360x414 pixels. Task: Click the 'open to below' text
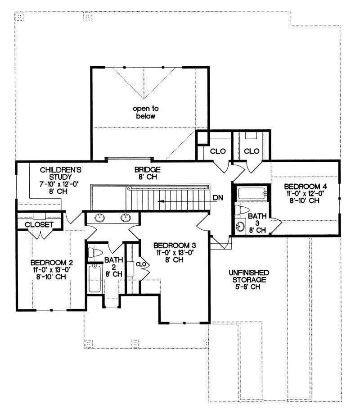[x=144, y=112]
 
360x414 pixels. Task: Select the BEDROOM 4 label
[x=302, y=186]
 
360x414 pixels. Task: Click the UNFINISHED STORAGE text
[x=248, y=276]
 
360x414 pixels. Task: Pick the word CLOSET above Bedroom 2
[x=39, y=224]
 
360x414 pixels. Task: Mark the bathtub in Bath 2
[x=94, y=279]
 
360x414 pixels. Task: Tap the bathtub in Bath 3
[x=252, y=194]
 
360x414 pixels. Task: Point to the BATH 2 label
[x=113, y=263]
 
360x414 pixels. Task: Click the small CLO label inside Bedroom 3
[x=139, y=264]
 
